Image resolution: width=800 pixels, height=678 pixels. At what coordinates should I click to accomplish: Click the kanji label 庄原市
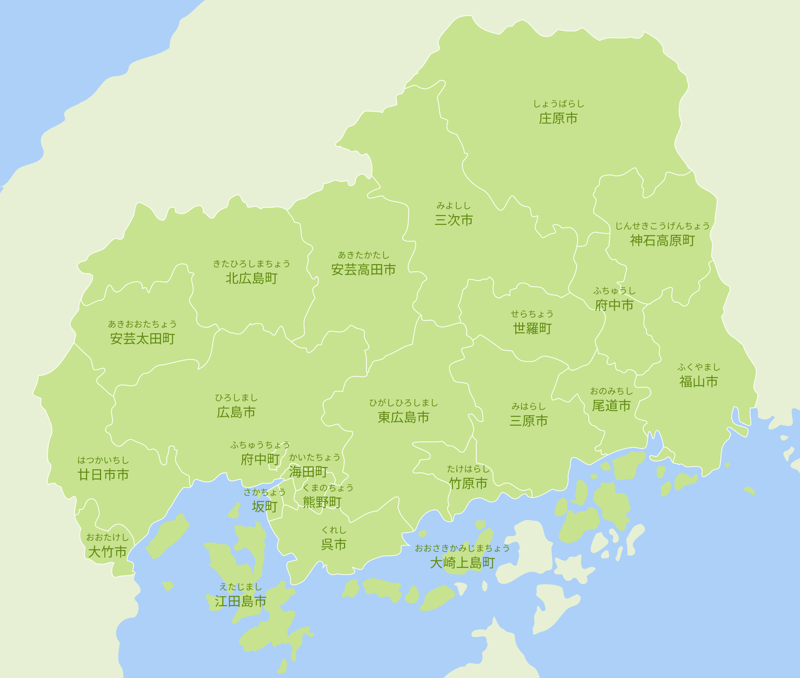pyautogui.click(x=558, y=118)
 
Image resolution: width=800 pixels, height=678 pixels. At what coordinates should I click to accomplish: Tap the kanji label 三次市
pyautogui.click(x=453, y=220)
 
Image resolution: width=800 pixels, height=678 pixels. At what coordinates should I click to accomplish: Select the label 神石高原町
pyautogui.click(x=662, y=240)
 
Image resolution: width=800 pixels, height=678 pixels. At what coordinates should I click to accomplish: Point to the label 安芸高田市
pyautogui.click(x=363, y=270)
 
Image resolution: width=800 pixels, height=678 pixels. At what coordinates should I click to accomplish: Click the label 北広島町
pyautogui.click(x=251, y=279)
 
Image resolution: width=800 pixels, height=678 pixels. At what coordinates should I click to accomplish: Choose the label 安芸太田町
pyautogui.click(x=142, y=339)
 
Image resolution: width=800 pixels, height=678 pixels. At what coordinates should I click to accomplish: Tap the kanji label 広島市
pyautogui.click(x=236, y=412)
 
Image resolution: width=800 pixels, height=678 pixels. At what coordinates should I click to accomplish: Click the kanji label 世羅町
pyautogui.click(x=532, y=328)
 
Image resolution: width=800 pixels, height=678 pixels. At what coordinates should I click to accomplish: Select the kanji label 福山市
pyautogui.click(x=699, y=382)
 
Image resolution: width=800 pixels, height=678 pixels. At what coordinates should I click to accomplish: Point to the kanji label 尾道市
pyautogui.click(x=611, y=406)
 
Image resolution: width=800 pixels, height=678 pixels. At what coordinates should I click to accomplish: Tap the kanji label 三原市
pyautogui.click(x=528, y=421)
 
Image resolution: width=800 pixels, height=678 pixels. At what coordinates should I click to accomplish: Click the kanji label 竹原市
pyautogui.click(x=468, y=483)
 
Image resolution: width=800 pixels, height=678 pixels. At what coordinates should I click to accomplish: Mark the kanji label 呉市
pyautogui.click(x=333, y=545)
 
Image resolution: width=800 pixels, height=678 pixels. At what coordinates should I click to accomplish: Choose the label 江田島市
pyautogui.click(x=240, y=602)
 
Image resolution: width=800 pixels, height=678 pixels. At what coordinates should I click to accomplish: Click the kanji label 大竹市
pyautogui.click(x=107, y=552)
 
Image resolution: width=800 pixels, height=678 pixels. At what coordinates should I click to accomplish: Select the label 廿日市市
pyautogui.click(x=103, y=475)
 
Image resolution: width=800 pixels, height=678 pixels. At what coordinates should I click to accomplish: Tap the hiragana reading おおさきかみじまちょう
pyautogui.click(x=462, y=548)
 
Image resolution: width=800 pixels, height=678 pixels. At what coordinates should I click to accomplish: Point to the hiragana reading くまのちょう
pyautogui.click(x=328, y=488)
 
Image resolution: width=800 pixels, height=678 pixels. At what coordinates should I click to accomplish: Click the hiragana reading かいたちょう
pyautogui.click(x=315, y=457)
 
